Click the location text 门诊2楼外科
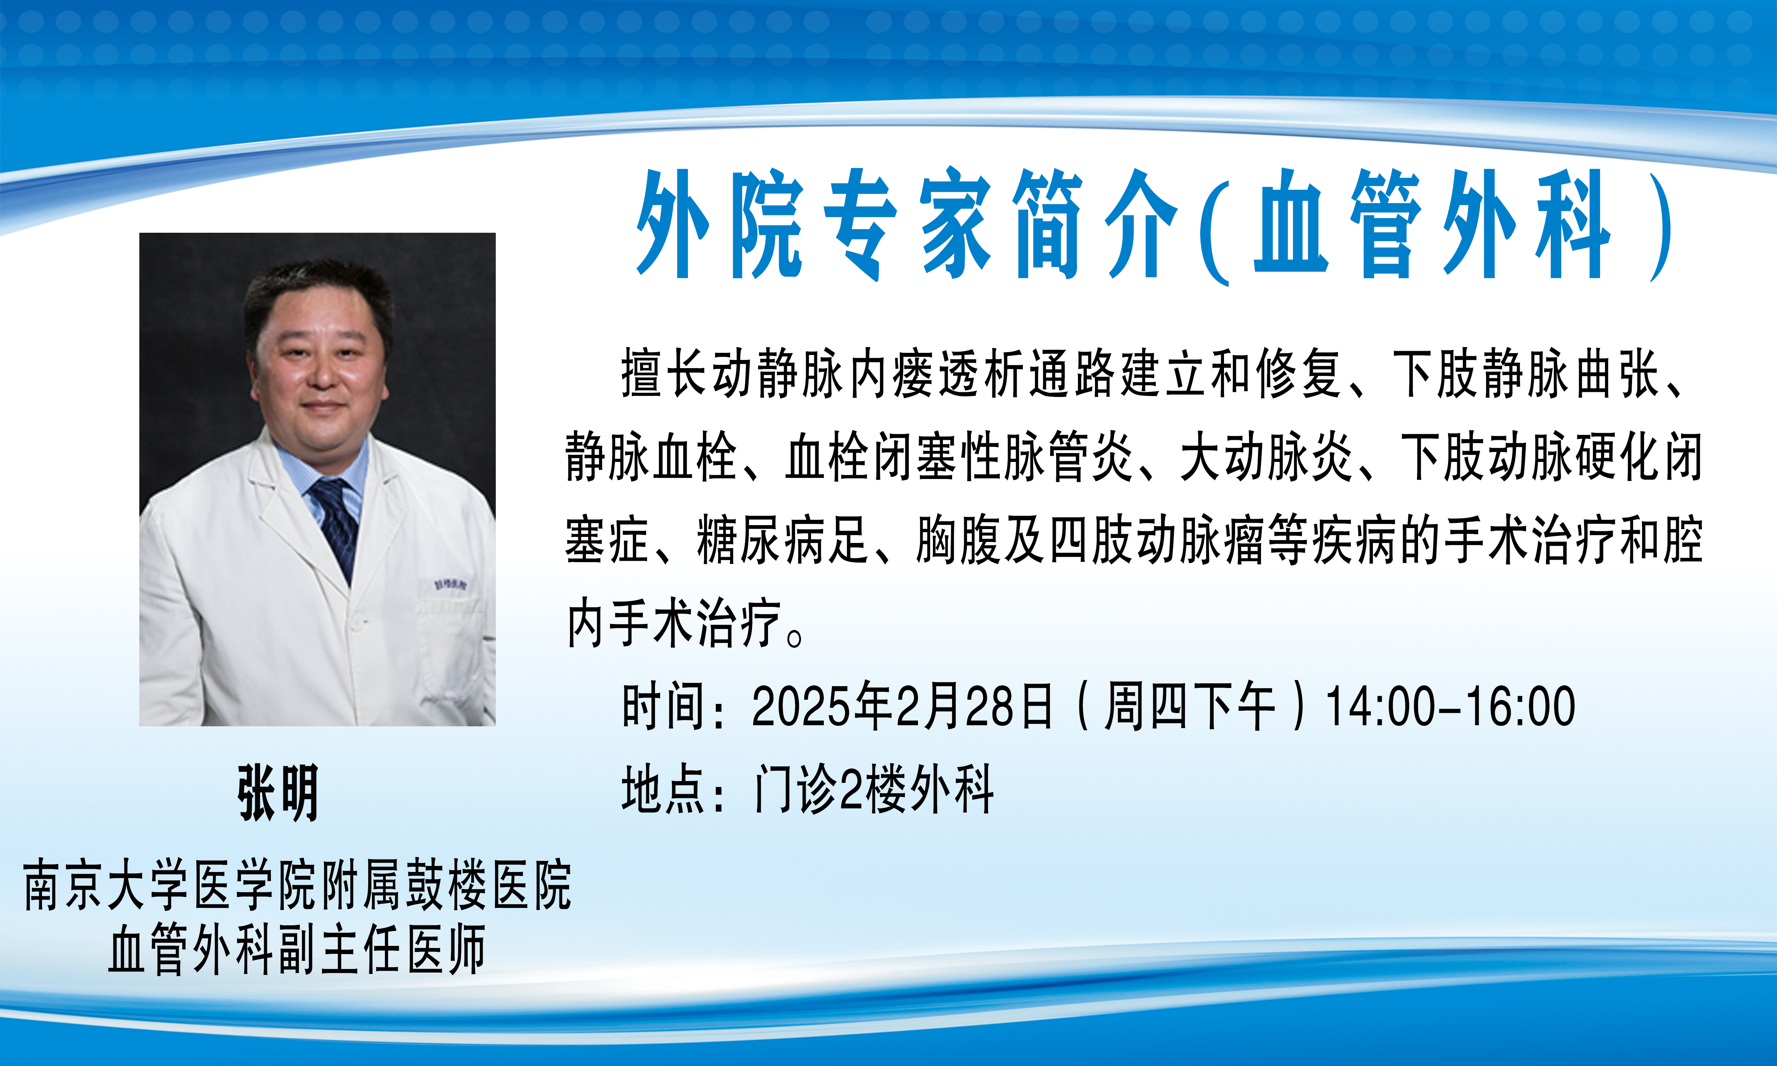click(874, 789)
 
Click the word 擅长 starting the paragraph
click(664, 373)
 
